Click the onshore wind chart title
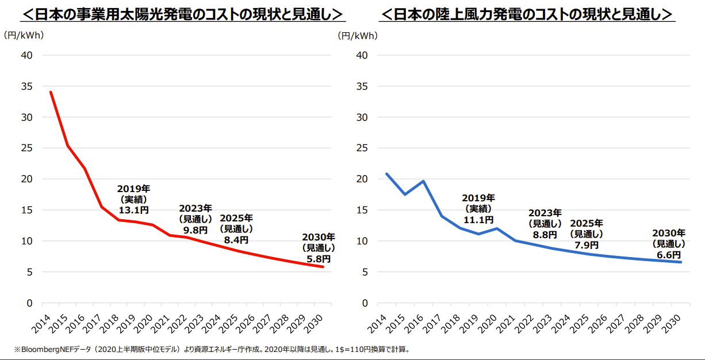tap(528, 14)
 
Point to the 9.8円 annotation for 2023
tap(196, 229)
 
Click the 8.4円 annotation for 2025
tap(236, 239)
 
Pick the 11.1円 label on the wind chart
tap(478, 219)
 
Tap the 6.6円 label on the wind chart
tap(669, 254)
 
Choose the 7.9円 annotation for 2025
tap(587, 244)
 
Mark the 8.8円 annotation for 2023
tap(545, 234)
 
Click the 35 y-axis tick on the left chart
tap(27, 86)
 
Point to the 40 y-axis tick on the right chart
tap(362, 55)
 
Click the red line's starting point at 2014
tap(51, 92)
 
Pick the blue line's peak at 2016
tap(423, 181)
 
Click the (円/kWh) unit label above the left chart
tap(24, 35)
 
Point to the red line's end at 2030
tap(323, 267)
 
